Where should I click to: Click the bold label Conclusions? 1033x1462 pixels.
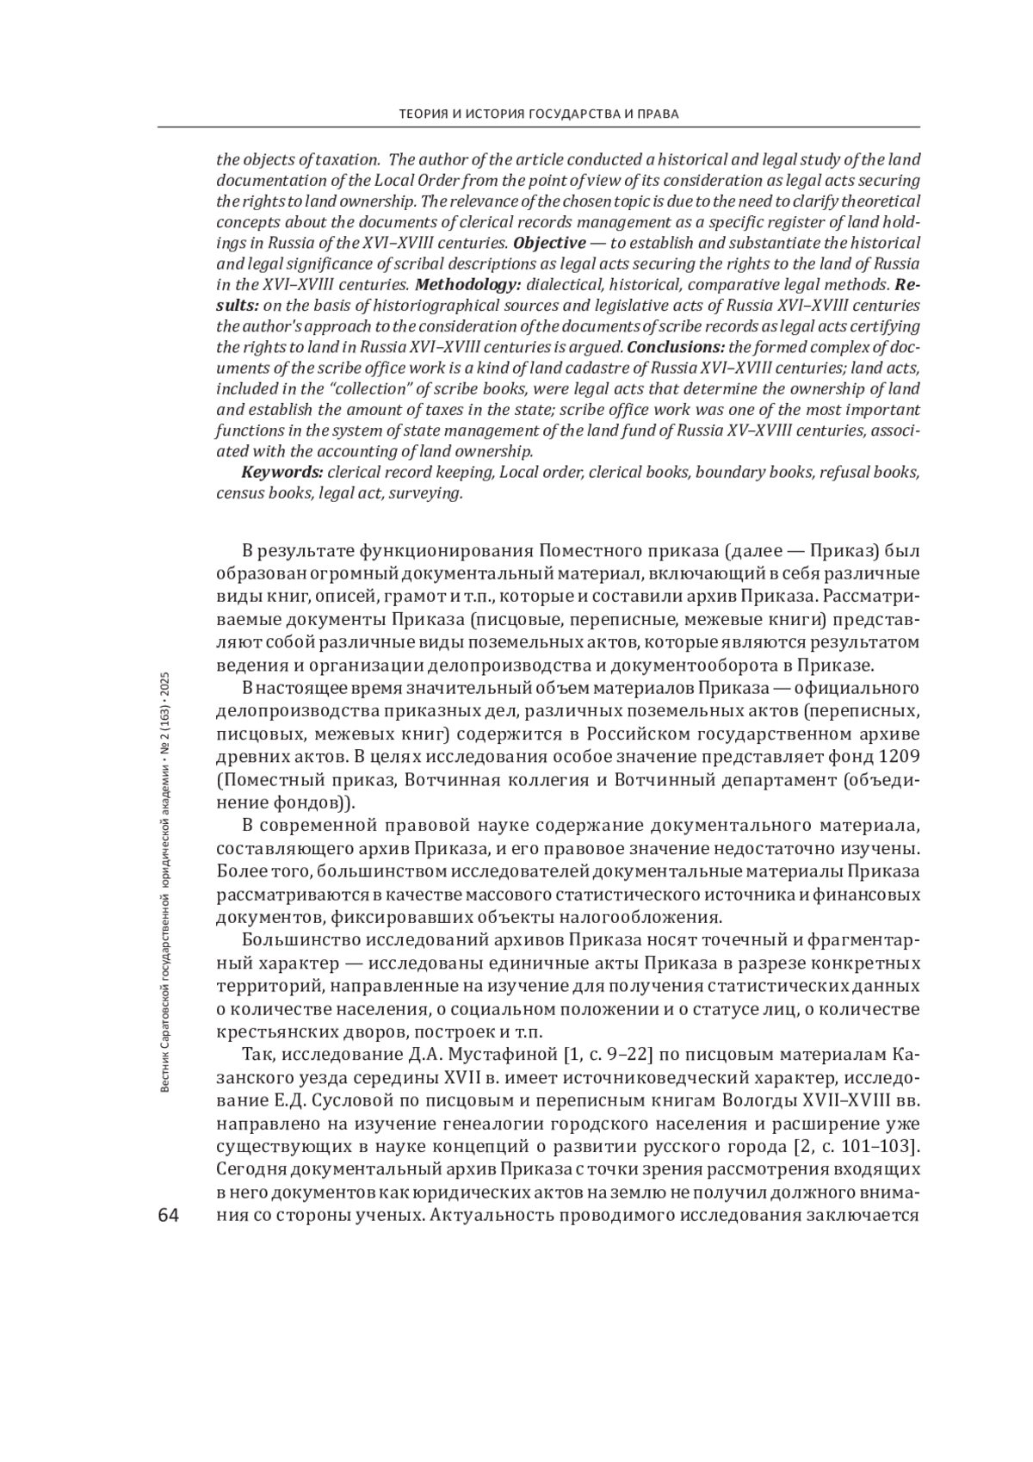pos(677,347)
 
